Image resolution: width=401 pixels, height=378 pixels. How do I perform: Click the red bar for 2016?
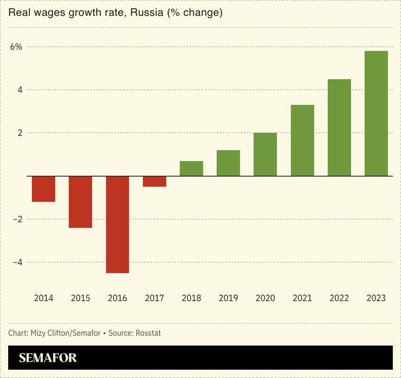(118, 224)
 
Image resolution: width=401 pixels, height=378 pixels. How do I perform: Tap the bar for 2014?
(43, 189)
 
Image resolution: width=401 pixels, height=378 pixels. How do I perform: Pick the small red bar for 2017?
(155, 181)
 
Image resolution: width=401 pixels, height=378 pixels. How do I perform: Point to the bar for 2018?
(192, 169)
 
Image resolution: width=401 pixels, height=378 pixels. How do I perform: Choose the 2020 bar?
(265, 154)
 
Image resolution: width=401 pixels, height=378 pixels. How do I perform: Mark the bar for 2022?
(339, 127)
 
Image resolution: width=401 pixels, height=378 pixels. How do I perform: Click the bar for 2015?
(80, 202)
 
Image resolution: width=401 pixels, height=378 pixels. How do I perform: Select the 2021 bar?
(302, 140)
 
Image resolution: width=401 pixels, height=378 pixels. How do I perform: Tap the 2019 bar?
(228, 163)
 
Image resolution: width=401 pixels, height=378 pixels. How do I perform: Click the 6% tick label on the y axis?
(16, 47)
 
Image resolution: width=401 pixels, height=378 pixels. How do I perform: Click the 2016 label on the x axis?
(118, 298)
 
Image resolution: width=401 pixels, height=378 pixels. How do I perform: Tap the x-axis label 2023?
(376, 298)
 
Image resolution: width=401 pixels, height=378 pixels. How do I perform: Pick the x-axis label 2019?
(228, 298)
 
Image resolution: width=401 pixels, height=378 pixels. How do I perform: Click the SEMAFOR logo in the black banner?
(48, 358)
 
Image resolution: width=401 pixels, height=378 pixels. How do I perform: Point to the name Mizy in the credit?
(40, 333)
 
